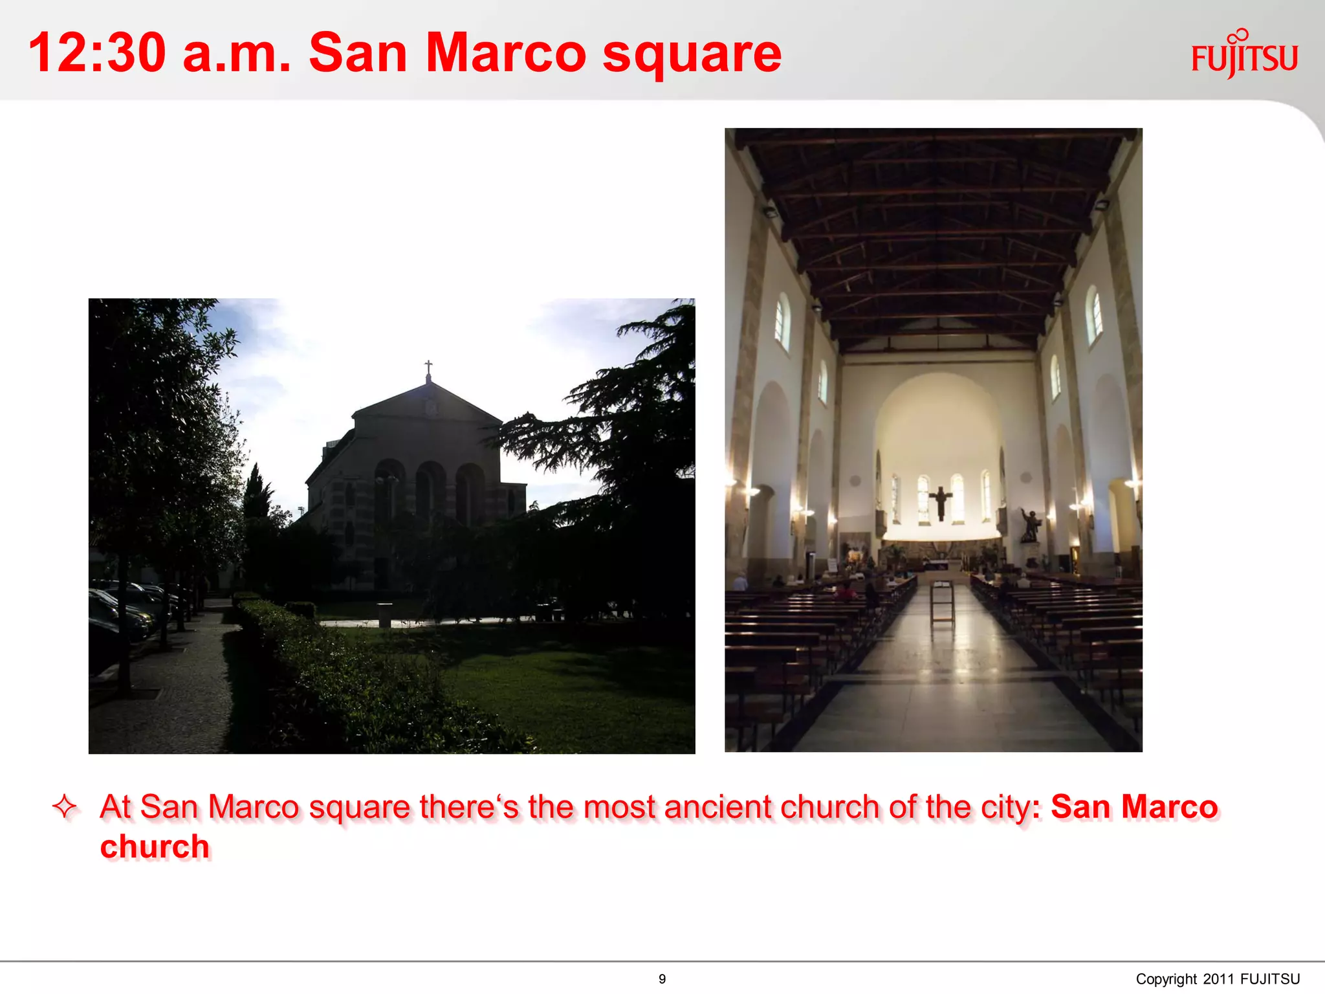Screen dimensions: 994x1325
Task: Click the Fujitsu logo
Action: click(x=1243, y=55)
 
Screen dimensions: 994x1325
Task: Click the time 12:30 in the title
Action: click(x=97, y=53)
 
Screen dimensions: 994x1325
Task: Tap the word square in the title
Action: click(x=692, y=55)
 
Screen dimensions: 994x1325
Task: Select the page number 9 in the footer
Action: click(x=662, y=979)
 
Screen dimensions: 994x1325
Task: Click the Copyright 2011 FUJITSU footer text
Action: click(x=1218, y=979)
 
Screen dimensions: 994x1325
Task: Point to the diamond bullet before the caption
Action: click(x=65, y=807)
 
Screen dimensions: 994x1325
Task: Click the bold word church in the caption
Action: click(x=155, y=847)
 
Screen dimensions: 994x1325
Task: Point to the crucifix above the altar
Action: click(x=940, y=502)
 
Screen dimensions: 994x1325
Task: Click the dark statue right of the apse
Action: click(x=1030, y=525)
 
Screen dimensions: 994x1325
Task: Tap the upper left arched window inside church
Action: click(x=782, y=320)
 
